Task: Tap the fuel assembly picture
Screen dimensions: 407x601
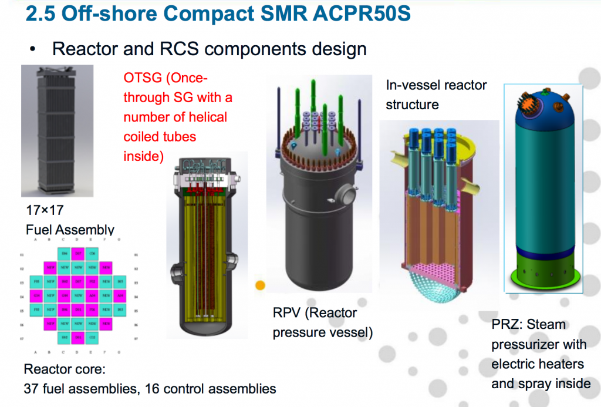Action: [49, 130]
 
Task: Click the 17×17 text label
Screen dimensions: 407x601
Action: [44, 210]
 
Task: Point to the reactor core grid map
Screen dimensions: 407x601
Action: [78, 297]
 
